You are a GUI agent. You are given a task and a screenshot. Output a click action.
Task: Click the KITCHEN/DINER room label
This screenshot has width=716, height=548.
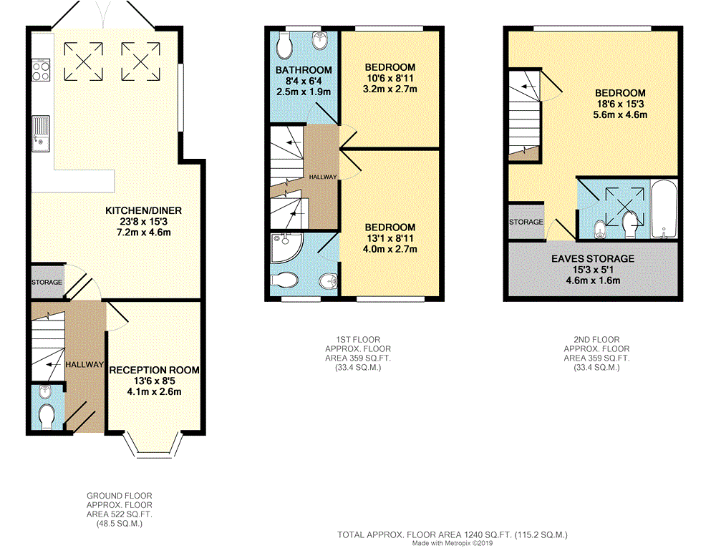143,211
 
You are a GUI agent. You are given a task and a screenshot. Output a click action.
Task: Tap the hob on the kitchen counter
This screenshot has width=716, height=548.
41,70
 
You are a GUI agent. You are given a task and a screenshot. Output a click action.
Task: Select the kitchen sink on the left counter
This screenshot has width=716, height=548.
41,134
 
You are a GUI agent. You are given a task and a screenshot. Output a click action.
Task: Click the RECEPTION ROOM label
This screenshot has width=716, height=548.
155,370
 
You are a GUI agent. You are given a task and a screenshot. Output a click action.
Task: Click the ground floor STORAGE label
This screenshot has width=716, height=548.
47,283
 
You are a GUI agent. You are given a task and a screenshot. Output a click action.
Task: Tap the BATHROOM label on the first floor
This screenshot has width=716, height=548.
304,70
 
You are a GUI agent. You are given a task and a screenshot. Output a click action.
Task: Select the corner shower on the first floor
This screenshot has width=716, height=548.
286,248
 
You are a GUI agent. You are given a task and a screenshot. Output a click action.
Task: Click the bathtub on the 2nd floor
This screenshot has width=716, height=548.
664,210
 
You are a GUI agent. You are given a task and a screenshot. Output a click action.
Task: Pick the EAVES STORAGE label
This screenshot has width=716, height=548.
593,259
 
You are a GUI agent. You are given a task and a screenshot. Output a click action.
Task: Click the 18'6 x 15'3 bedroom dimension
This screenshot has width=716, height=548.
620,104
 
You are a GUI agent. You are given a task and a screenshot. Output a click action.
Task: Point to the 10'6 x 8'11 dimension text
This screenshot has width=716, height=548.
390,79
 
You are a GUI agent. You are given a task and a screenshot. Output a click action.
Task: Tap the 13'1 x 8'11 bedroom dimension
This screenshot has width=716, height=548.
390,238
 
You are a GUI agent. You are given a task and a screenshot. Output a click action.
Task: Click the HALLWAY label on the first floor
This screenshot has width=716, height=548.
323,177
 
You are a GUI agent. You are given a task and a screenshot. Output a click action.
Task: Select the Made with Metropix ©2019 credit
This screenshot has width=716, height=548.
453,544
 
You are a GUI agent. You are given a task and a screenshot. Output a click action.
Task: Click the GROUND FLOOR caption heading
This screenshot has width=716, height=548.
119,496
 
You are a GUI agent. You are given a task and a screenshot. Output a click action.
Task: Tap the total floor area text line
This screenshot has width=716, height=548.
453,535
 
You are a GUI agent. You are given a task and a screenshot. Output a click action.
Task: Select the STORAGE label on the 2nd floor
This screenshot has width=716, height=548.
526,222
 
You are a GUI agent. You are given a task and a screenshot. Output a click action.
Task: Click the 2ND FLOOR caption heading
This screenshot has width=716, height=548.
596,340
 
